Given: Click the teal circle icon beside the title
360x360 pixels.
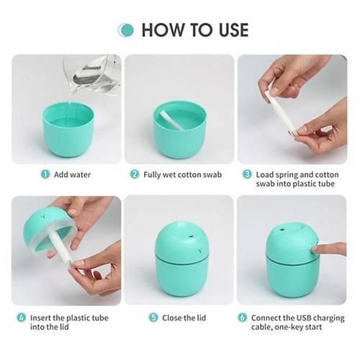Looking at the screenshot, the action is click(x=126, y=30).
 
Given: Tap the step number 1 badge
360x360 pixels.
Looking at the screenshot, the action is click(x=45, y=174).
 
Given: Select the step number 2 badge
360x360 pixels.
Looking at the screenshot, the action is click(x=135, y=174).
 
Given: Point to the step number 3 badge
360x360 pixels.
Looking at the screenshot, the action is click(x=247, y=174).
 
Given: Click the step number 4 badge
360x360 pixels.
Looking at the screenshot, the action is click(x=22, y=318).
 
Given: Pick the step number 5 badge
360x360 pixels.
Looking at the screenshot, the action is click(x=153, y=318).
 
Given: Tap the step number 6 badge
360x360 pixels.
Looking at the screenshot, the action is click(x=243, y=318).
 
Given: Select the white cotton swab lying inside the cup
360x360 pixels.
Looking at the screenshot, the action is click(x=171, y=120).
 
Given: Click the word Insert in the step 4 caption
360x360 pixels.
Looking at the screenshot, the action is click(x=40, y=318).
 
